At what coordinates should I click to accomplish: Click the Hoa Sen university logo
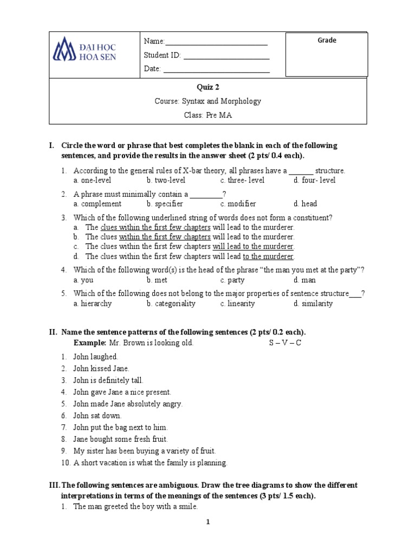click(x=84, y=49)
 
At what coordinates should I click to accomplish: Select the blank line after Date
click(x=216, y=69)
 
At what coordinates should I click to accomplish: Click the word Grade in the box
click(x=327, y=41)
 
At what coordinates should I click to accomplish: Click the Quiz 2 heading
click(x=207, y=87)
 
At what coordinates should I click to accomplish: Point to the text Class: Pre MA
click(x=207, y=115)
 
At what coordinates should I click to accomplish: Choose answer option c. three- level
click(x=242, y=180)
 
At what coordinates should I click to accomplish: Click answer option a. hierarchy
click(x=92, y=304)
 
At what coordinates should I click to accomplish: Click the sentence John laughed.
click(x=95, y=357)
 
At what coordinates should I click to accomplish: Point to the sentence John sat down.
click(x=97, y=416)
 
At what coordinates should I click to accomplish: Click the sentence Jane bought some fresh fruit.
click(x=120, y=439)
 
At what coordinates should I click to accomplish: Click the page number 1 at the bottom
click(x=207, y=522)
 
